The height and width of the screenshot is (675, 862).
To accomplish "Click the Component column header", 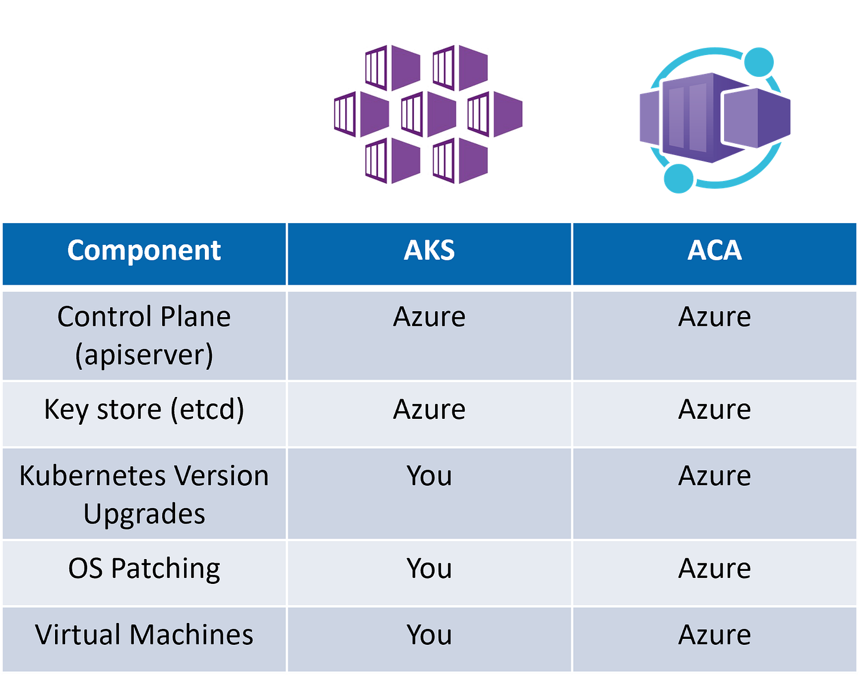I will pos(144,251).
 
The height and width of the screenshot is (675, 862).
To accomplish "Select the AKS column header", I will pos(429,251).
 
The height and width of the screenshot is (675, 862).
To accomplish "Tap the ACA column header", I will pos(715,251).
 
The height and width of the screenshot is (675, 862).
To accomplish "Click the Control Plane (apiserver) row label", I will pos(144,335).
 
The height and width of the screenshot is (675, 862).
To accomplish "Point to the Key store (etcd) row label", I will pos(144,409).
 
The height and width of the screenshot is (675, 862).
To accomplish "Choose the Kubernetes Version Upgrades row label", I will pos(144,495).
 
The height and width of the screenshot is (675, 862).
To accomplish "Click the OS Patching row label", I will pos(144,569).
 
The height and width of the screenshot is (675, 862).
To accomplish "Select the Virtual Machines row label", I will pos(144,635).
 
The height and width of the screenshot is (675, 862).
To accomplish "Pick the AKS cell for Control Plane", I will pos(429,317).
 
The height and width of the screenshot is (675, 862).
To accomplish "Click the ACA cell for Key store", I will pos(715,409).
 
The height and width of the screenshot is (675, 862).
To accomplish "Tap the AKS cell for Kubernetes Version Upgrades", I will pos(429,476).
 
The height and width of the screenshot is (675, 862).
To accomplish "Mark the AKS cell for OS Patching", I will pos(429,569).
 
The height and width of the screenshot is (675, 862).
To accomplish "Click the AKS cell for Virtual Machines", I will pos(429,635).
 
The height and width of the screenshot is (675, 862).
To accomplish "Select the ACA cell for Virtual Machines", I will pos(715,635).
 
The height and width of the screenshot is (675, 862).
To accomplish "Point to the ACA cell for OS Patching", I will pos(715,569).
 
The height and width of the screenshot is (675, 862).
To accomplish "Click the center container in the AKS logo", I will pos(427,114).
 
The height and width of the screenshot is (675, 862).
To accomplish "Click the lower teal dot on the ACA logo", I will pos(678,178).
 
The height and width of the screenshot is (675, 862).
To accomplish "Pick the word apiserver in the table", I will pos(144,355).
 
